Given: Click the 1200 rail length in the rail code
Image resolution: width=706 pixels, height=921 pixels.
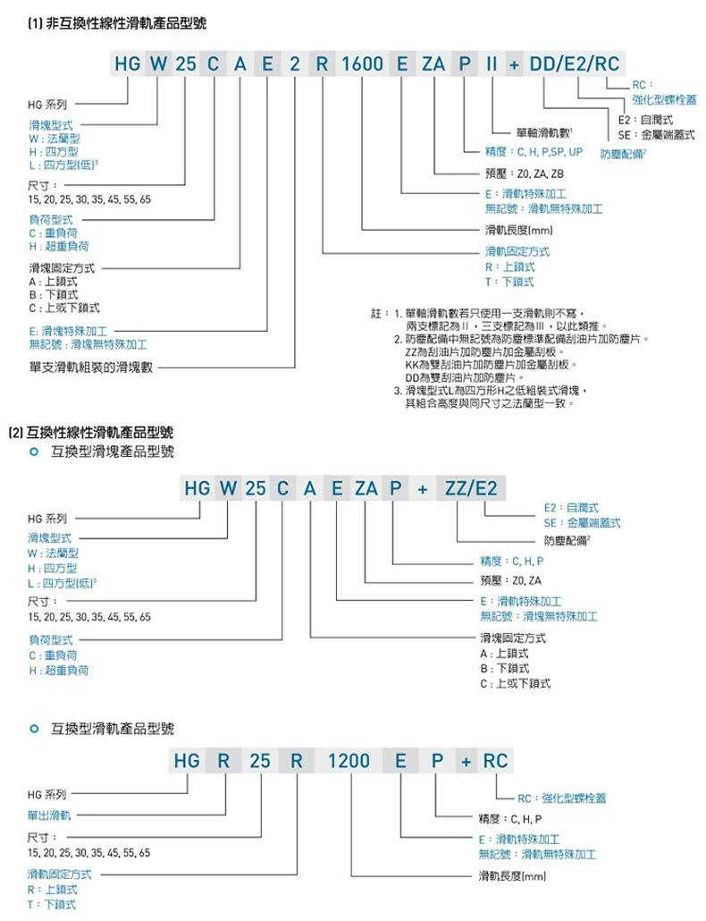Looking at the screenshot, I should coord(349,761).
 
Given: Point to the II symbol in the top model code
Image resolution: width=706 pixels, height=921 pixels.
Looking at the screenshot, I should coord(492,64).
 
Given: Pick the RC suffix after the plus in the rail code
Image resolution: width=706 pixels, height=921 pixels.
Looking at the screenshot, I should coord(495,761).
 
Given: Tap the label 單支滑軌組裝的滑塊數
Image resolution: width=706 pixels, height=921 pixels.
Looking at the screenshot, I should coord(91,366).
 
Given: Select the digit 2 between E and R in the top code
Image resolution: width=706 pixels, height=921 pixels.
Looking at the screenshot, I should coord(294,64).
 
